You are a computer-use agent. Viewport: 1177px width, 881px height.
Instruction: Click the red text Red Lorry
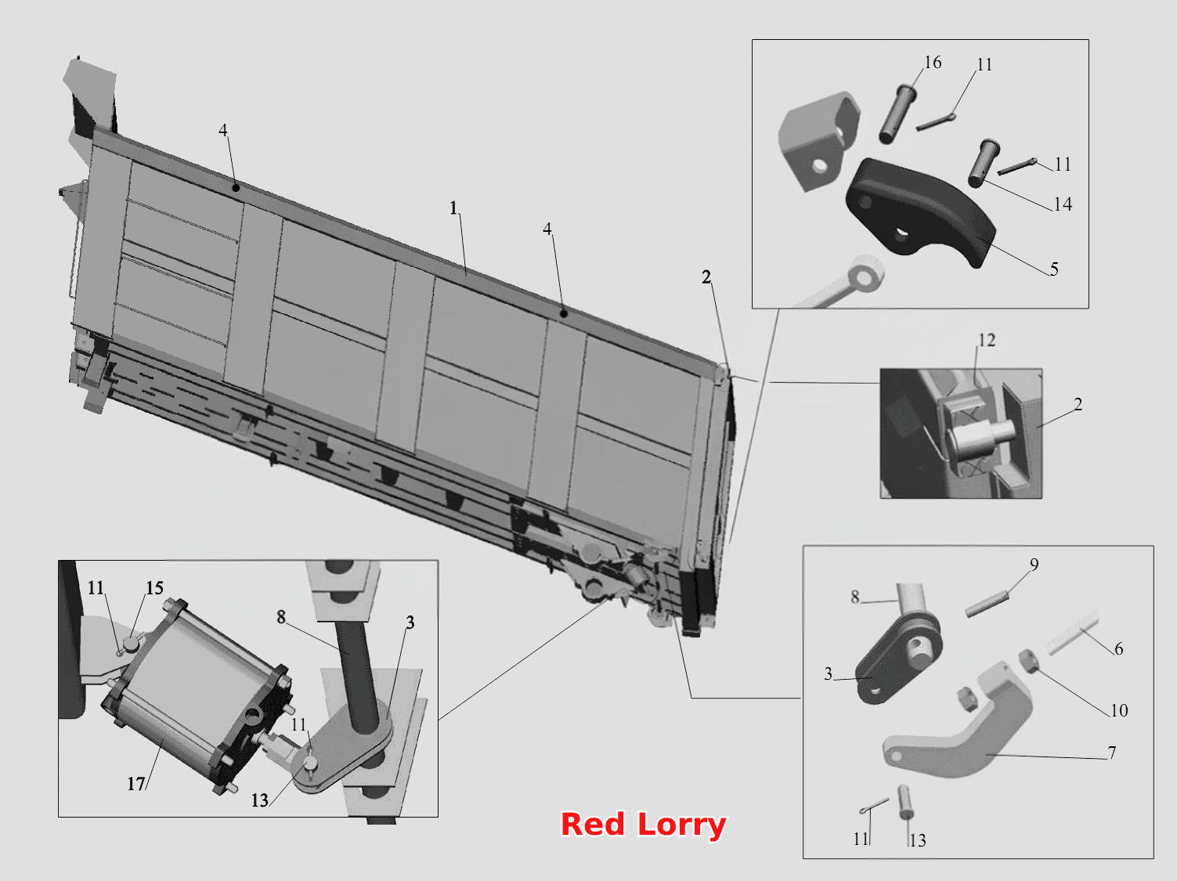click(643, 824)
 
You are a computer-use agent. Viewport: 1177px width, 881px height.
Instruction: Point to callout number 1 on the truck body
click(453, 208)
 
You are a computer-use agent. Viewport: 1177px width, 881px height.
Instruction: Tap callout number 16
click(933, 62)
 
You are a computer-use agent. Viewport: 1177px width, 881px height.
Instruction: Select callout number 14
click(1063, 204)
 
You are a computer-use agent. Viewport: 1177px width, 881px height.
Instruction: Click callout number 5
click(1054, 269)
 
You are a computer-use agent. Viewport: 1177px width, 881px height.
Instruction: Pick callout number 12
click(987, 340)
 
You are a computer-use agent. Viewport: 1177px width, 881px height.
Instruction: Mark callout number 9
click(1034, 564)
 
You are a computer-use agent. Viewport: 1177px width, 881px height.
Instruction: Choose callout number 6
click(1118, 649)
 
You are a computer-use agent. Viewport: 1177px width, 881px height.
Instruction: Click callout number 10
click(1119, 710)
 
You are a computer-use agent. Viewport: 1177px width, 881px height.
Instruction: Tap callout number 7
click(1112, 753)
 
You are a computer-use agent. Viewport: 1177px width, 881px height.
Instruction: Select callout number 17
click(135, 784)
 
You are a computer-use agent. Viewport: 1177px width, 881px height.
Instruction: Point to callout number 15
click(154, 588)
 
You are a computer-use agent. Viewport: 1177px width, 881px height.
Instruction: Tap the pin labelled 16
click(896, 114)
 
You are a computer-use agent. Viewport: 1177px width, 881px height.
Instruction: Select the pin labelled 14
click(984, 163)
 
